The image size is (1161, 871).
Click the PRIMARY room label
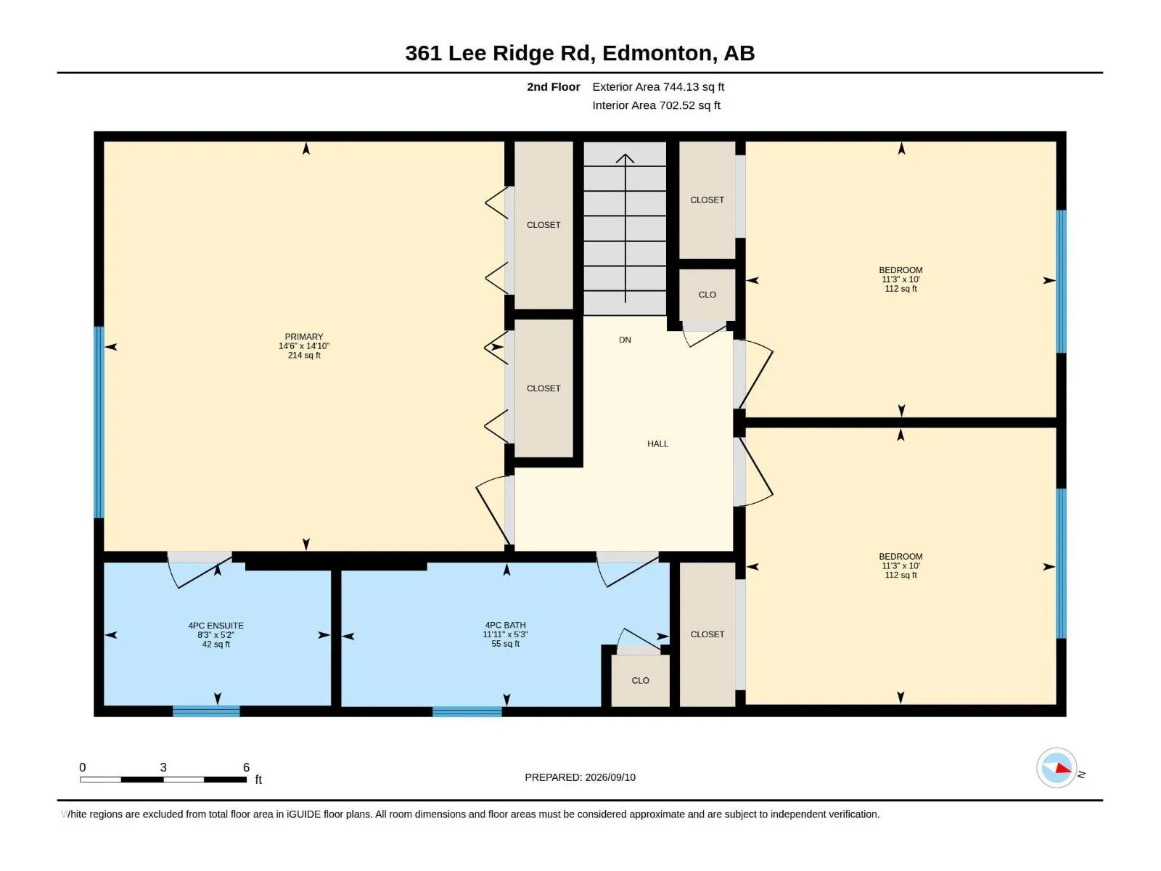pos(303,336)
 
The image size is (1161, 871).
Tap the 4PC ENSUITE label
pos(216,625)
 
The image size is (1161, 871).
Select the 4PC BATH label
pos(505,624)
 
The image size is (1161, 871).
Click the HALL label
pos(657,443)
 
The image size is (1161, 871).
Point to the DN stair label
pos(625,340)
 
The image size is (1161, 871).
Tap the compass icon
pos(1057,767)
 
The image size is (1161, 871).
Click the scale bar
pos(163,779)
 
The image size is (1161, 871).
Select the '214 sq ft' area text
pos(304,356)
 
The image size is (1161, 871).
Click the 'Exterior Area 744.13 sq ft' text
pos(658,86)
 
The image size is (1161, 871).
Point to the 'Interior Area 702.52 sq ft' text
pos(656,105)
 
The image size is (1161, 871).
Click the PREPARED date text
pos(580,777)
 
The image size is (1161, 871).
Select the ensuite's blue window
pos(206,711)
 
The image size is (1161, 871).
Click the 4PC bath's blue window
pos(467,711)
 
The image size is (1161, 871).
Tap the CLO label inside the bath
pos(640,680)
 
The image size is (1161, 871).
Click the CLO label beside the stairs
pos(707,295)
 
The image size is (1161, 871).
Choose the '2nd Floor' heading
pos(553,86)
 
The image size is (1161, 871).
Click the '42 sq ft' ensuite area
pos(216,644)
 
